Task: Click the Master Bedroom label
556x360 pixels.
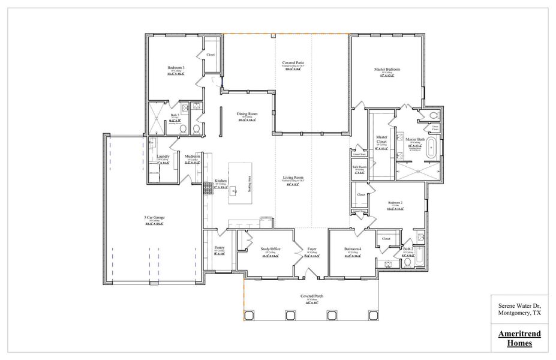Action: (387, 70)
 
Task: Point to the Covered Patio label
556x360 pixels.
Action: (293, 63)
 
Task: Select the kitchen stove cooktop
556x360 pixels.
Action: (208, 188)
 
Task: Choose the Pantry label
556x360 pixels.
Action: (219, 247)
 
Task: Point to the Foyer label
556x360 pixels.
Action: (312, 249)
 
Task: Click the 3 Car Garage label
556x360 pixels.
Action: (154, 217)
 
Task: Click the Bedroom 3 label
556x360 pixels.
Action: (176, 68)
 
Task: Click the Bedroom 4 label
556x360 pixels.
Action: (353, 249)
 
